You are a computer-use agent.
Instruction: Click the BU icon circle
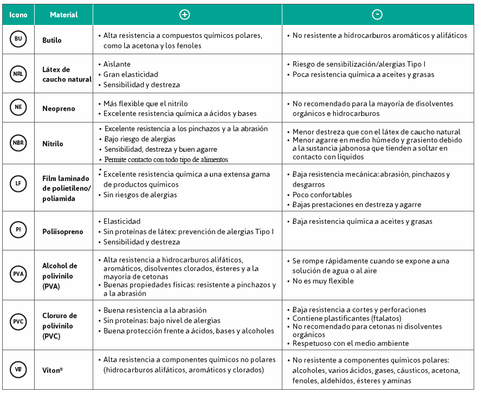pos(18,40)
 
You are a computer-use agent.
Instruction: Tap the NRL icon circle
pos(18,74)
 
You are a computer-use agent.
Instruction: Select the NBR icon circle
pos(18,144)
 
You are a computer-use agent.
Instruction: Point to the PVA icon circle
pos(18,275)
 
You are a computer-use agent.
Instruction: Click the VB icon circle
pos(18,369)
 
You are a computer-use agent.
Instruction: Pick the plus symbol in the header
pos(184,15)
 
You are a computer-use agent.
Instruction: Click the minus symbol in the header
pos(377,15)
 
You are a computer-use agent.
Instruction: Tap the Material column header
pos(63,15)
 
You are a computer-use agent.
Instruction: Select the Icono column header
pos(18,15)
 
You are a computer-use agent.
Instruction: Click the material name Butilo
pos(52,40)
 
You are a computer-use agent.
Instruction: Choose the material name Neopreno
pos(59,108)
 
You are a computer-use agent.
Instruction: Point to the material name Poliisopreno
pos(63,231)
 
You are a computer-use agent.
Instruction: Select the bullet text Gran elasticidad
pos(131,74)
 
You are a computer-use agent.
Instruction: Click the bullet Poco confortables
pos(322,195)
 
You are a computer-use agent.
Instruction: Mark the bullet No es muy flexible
pos(323,281)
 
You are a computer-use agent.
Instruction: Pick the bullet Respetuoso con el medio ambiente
pos(351,343)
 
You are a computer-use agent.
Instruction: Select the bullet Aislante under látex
pos(117,64)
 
